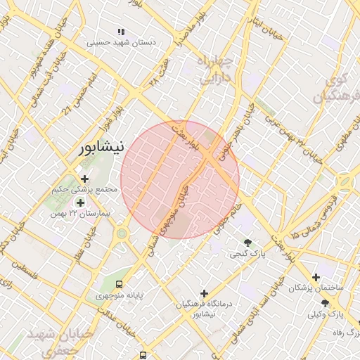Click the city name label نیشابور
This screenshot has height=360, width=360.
(x=99, y=148)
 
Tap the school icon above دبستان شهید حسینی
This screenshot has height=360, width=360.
(x=121, y=32)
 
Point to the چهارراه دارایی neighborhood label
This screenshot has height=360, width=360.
(x=214, y=70)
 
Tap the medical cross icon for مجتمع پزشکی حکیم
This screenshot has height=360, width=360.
(x=85, y=179)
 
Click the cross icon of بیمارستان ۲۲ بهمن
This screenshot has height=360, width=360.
(x=80, y=202)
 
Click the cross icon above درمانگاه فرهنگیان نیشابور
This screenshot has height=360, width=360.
(x=204, y=292)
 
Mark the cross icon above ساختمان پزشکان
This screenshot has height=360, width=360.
(x=316, y=278)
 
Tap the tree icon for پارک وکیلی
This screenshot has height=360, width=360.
(x=324, y=302)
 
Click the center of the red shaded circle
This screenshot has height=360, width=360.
(x=180, y=179)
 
